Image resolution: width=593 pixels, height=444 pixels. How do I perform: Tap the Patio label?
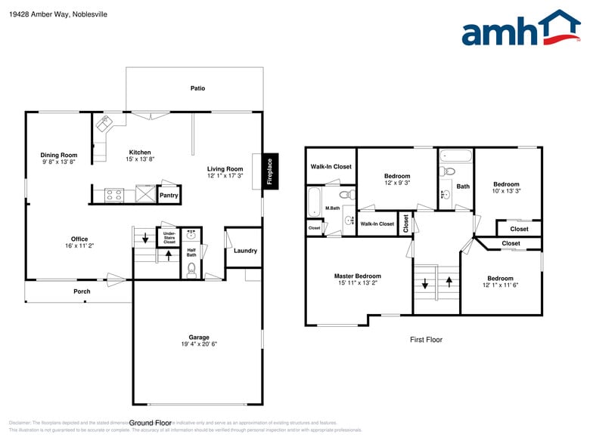point(197,88)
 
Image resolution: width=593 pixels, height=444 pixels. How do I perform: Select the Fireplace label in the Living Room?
point(269,171)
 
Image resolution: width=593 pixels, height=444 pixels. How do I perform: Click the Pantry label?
point(169,196)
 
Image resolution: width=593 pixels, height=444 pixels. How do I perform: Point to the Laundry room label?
point(245,251)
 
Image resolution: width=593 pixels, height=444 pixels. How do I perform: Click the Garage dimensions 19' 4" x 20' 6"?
point(199,344)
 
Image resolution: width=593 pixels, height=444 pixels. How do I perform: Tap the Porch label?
point(82,291)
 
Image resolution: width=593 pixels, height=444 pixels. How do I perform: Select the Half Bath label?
point(191,252)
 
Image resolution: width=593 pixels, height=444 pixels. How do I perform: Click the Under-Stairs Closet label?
point(169,238)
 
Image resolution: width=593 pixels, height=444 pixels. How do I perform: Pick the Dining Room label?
point(59,156)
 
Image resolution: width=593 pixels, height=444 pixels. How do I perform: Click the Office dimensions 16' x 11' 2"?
point(79,245)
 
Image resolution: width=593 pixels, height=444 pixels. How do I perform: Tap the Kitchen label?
point(139,153)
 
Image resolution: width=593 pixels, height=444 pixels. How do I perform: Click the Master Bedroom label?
point(358,276)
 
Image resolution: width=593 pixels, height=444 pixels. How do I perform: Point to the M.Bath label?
point(332,208)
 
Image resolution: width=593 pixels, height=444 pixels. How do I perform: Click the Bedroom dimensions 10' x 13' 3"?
point(507,191)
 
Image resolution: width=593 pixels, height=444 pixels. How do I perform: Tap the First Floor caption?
point(426,340)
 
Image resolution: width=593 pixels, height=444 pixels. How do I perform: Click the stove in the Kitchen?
point(114,195)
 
